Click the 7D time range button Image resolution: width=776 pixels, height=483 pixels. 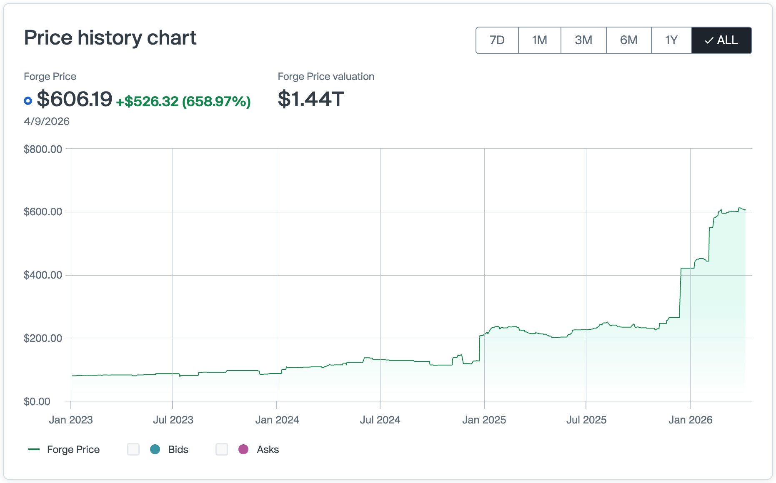tap(497, 40)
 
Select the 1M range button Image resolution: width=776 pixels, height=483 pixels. tap(539, 40)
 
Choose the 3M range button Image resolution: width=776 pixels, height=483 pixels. tap(583, 40)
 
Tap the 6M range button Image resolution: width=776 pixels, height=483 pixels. tap(628, 40)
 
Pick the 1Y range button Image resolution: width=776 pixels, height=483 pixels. tap(671, 40)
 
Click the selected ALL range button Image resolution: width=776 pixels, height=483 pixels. tap(721, 40)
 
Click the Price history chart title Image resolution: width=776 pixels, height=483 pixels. tap(110, 38)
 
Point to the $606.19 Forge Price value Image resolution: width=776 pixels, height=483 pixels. tap(75, 99)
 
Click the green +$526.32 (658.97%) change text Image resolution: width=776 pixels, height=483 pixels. tap(183, 101)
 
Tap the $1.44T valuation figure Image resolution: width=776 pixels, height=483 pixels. tap(311, 99)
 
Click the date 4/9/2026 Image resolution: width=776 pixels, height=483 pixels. tap(47, 121)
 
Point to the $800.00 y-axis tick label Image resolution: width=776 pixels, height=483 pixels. tap(43, 149)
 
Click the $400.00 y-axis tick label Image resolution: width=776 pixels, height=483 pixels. tap(43, 275)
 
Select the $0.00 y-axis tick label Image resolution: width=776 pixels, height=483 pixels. tap(37, 401)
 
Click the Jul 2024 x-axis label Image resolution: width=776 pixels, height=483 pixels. tap(380, 420)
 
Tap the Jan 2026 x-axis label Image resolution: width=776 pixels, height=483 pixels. tap(690, 420)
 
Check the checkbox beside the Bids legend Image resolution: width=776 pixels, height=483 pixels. tap(133, 449)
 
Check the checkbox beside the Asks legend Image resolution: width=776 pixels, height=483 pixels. tap(222, 449)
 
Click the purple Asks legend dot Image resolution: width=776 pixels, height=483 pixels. tap(243, 449)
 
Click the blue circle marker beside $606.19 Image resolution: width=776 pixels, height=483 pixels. tap(28, 101)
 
